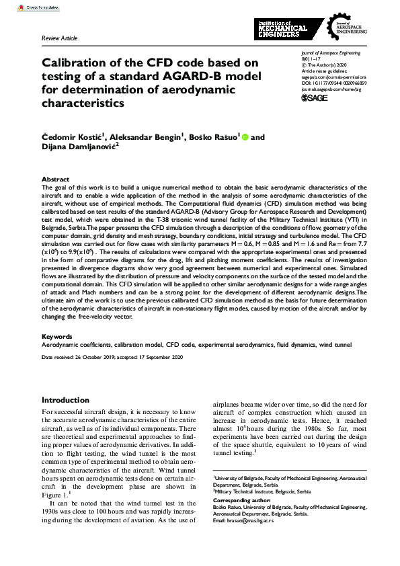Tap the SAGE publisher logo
pos(314,97)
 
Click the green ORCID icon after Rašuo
pos(245,137)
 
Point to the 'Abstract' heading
pos(55,179)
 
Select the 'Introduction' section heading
pos(65,400)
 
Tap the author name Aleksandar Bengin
pos(149,137)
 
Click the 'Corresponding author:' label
pos(241,501)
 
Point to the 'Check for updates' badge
pos(23,7)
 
